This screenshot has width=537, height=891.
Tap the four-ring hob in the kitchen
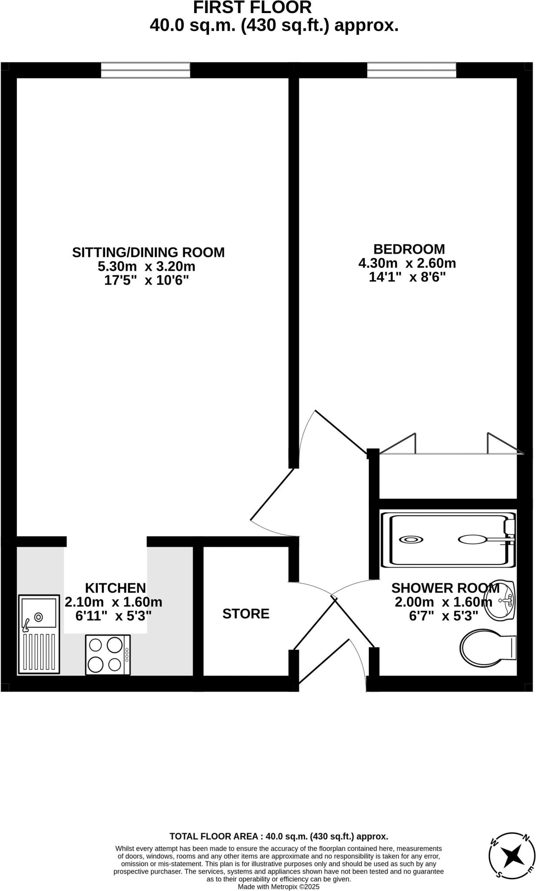(108, 655)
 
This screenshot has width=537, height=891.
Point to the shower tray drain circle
(411, 539)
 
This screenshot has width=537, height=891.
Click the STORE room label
(246, 614)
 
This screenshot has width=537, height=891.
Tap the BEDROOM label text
(409, 249)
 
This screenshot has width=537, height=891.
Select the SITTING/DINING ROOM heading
(148, 252)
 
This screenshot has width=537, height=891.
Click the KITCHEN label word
(115, 588)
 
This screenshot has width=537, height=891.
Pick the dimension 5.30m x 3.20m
(146, 266)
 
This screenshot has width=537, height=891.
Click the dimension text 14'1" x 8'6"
(408, 277)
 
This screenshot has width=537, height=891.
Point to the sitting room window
(146, 70)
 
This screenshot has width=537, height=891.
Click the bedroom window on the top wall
(411, 70)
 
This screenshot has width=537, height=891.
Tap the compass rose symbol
(511, 856)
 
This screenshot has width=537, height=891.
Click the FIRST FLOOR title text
(252, 8)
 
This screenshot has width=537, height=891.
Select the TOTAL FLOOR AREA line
(278, 836)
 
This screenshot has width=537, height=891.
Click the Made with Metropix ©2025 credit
(278, 887)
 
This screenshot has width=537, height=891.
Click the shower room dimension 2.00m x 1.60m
(443, 602)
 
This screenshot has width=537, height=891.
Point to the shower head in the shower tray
(473, 539)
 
